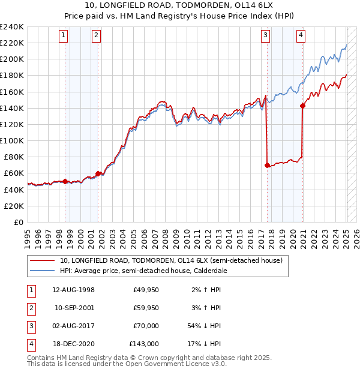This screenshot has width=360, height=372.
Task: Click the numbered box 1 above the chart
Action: [x=64, y=35]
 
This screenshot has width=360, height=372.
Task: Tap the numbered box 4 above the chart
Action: [x=300, y=35]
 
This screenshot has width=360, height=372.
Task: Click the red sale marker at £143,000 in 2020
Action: [x=302, y=106]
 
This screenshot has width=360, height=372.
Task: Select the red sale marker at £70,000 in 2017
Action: [x=267, y=165]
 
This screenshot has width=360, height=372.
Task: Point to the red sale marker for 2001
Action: [x=98, y=173]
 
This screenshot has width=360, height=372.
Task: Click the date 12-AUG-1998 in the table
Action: [x=74, y=290]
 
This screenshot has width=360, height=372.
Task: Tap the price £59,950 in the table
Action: [x=144, y=308]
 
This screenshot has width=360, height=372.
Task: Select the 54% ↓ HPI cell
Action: [x=203, y=326]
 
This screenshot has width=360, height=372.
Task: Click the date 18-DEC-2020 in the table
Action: [x=74, y=344]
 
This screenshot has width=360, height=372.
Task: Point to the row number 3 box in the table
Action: [x=30, y=326]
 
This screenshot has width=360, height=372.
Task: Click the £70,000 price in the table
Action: [x=144, y=326]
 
